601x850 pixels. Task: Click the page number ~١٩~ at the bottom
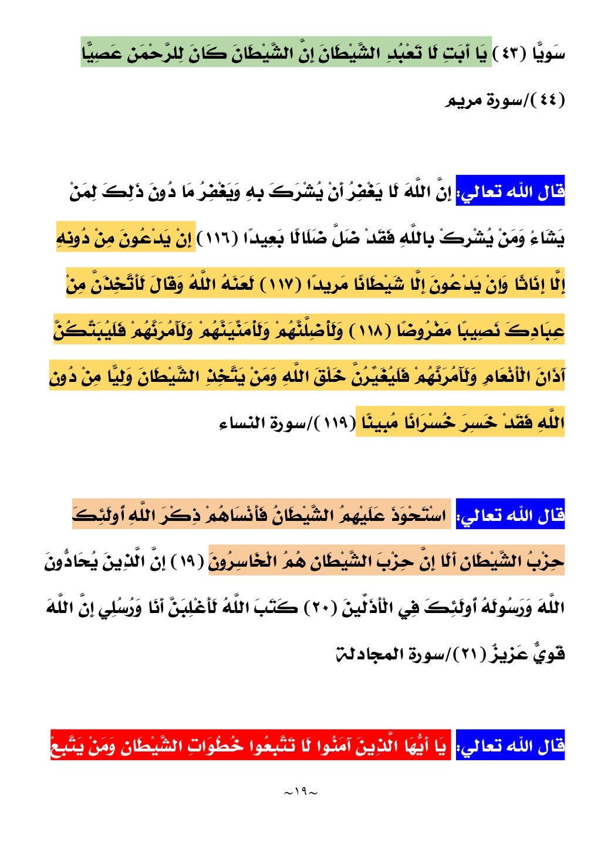[300, 792]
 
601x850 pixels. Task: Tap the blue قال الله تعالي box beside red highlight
[510, 746]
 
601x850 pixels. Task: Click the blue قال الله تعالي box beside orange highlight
[510, 515]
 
